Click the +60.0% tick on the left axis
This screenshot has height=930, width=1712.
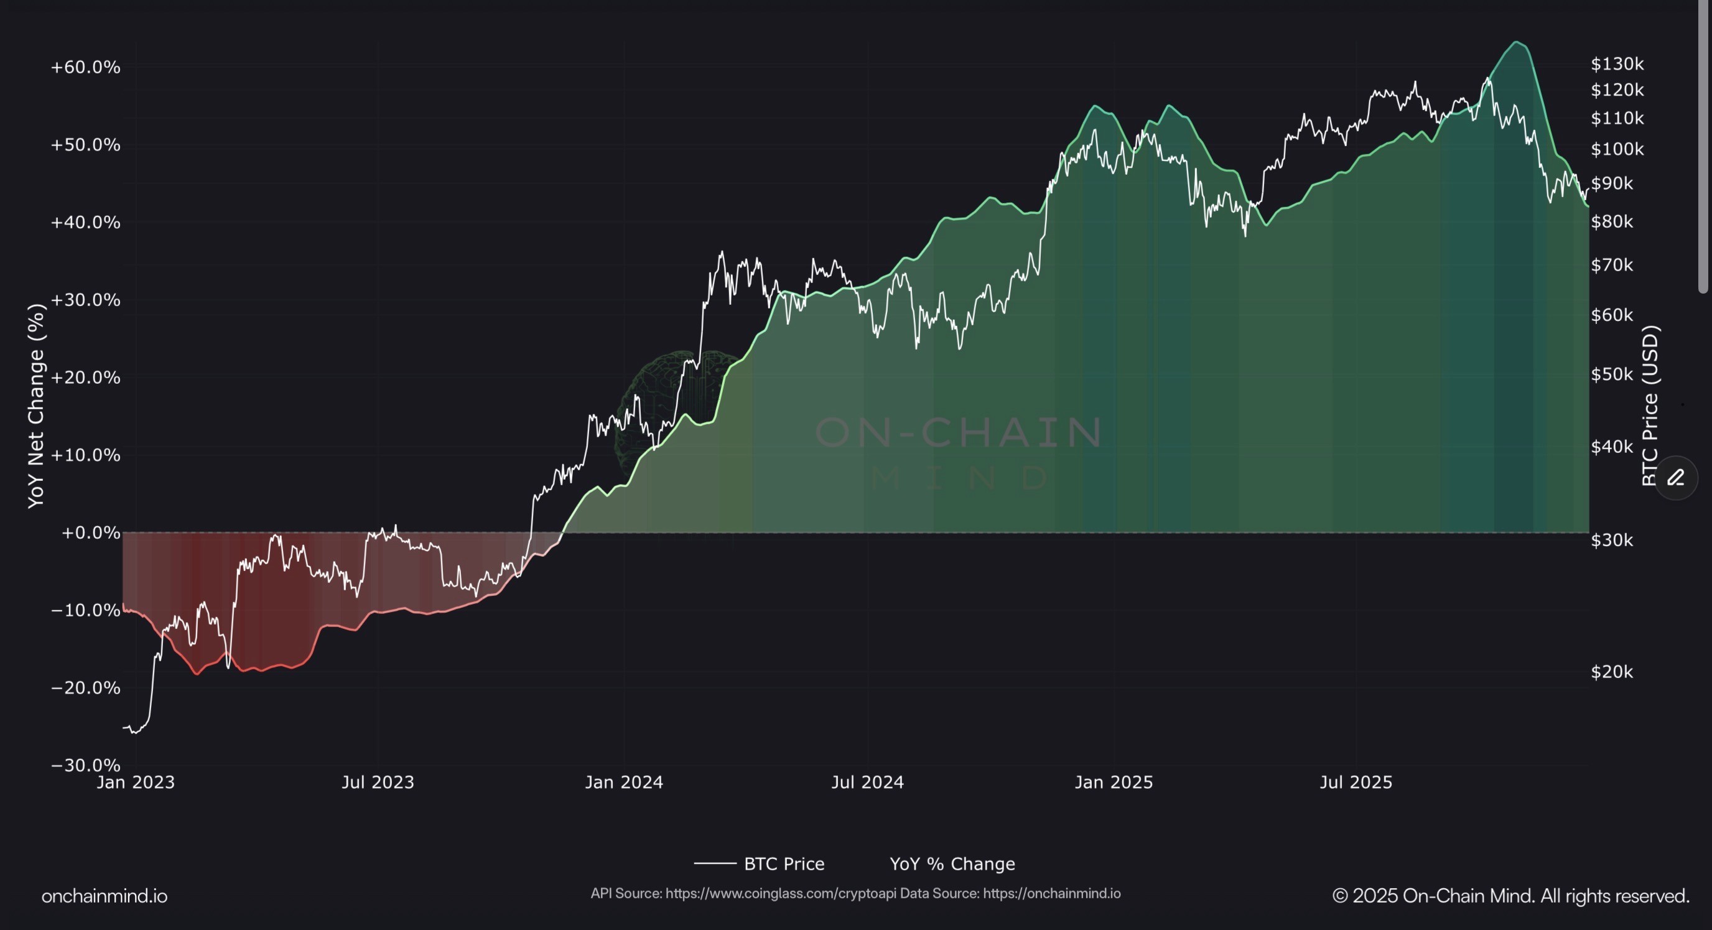[85, 67]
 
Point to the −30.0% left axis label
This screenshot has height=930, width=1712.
[85, 765]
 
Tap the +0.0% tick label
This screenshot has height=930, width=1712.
[90, 532]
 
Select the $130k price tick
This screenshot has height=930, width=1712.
[1617, 64]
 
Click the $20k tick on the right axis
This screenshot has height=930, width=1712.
[1612, 671]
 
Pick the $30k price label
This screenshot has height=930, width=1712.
[1612, 540]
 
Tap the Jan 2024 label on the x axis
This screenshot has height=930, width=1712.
[623, 782]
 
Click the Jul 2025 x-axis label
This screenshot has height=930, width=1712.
[1355, 782]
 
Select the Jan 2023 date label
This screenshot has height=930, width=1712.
[136, 782]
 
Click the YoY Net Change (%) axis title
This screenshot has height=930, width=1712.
[36, 406]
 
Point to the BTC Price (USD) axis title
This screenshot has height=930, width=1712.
[1650, 406]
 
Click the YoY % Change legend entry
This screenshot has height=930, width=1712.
[952, 863]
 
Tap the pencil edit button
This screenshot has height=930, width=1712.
[1675, 477]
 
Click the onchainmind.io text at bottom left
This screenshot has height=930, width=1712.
[105, 896]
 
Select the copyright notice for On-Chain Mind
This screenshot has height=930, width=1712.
[1510, 896]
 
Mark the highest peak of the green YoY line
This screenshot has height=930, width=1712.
[1517, 42]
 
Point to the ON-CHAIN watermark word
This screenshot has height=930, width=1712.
[959, 432]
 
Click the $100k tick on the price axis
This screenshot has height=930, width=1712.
[1617, 149]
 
